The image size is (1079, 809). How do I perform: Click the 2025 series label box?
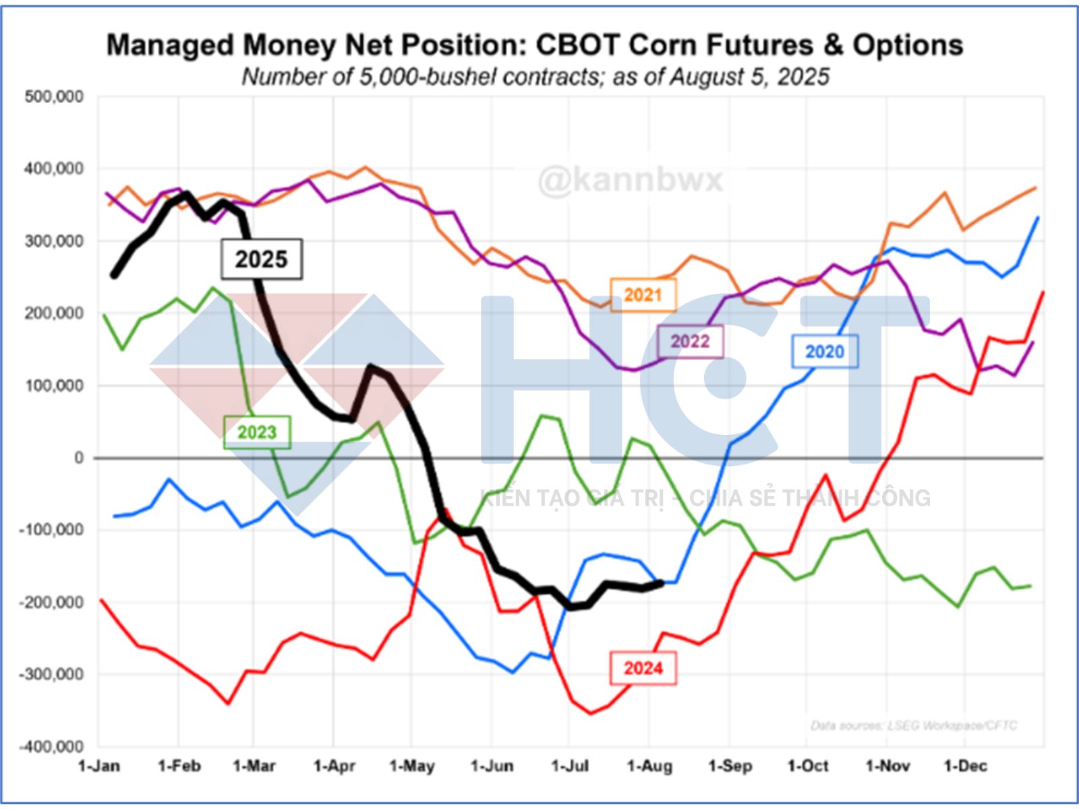[x=262, y=259]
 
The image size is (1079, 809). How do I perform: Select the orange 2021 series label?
[x=643, y=295]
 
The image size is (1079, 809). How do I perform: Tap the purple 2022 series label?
[x=690, y=341]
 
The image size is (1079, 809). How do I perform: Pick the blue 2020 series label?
[x=825, y=351]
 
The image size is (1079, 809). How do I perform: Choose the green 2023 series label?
[x=257, y=431]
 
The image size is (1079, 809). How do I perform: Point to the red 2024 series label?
[x=643, y=668]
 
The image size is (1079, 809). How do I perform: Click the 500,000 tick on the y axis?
[x=54, y=96]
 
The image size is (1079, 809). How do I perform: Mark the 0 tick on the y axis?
[x=79, y=458]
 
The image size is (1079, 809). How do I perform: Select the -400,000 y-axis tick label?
[x=51, y=746]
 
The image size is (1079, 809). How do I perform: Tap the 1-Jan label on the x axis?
[x=99, y=767]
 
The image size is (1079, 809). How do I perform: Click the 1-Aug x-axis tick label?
[x=649, y=767]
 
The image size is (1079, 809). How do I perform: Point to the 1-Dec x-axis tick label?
[x=965, y=767]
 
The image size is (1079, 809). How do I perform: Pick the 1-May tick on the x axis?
[x=412, y=767]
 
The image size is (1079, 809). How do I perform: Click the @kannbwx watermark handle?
[x=630, y=180]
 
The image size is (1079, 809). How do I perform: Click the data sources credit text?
[x=913, y=725]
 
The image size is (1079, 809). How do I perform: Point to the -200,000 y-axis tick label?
[x=51, y=602]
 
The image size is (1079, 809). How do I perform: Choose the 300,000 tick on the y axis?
[x=54, y=241]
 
